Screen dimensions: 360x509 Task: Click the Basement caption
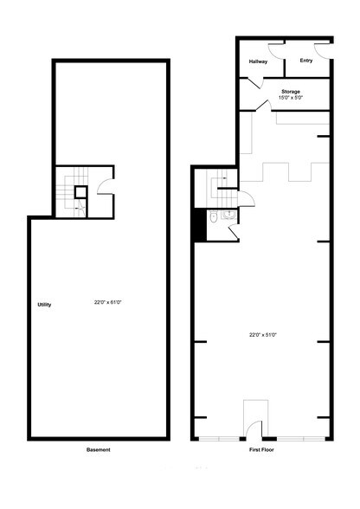[99, 449]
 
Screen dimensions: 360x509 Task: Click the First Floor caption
[261, 449]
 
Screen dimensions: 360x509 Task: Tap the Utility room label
[44, 305]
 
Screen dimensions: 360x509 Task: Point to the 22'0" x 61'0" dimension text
[108, 302]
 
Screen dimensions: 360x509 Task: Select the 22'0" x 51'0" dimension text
[262, 335]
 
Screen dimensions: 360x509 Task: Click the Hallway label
[258, 61]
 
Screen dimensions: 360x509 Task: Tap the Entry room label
[306, 61]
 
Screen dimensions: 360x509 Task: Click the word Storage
[291, 92]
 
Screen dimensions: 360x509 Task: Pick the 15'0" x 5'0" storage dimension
[291, 97]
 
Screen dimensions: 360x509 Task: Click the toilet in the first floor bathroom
[213, 217]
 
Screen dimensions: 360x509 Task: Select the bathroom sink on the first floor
[228, 215]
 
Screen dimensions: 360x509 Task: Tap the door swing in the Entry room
[322, 51]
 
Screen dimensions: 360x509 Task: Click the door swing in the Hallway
[276, 51]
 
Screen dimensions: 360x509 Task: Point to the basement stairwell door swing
[106, 187]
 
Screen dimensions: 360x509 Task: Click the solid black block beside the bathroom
[200, 225]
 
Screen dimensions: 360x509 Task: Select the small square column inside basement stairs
[80, 192]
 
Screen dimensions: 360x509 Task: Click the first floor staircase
[222, 189]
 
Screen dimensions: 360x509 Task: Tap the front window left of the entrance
[219, 439]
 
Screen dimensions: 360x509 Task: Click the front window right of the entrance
[301, 439]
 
